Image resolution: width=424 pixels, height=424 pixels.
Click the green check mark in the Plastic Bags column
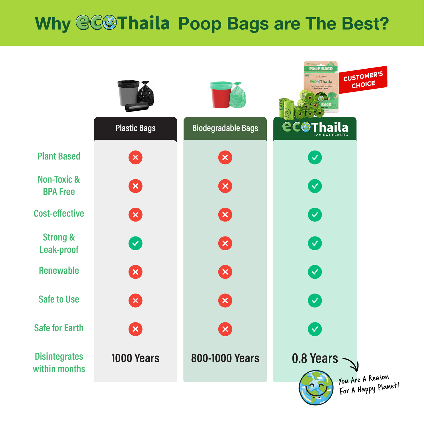pyautogui.click(x=136, y=243)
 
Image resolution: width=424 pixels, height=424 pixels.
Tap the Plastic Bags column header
pyautogui.click(x=136, y=128)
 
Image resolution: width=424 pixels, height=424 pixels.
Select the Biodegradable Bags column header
pyautogui.click(x=225, y=128)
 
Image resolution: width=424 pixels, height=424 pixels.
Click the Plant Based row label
pyautogui.click(x=59, y=156)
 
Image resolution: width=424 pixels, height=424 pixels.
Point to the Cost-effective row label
pyautogui.click(x=59, y=213)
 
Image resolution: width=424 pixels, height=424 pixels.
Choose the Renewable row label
pyautogui.click(x=59, y=271)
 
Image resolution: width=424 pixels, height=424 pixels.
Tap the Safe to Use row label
pyautogui.click(x=59, y=299)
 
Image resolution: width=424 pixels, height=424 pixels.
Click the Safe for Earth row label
pyautogui.click(x=59, y=328)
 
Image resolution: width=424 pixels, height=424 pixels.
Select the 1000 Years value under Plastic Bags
pyautogui.click(x=136, y=358)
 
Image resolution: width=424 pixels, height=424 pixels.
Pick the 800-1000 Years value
pyautogui.click(x=225, y=358)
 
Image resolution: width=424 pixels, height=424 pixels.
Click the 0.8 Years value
pyautogui.click(x=315, y=359)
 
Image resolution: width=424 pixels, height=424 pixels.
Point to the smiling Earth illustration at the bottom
pyautogui.click(x=316, y=388)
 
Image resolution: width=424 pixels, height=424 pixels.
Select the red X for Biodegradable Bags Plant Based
pyautogui.click(x=225, y=158)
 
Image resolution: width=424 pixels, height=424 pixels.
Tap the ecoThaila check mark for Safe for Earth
pyautogui.click(x=315, y=329)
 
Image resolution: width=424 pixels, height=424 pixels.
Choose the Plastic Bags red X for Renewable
pyautogui.click(x=136, y=272)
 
